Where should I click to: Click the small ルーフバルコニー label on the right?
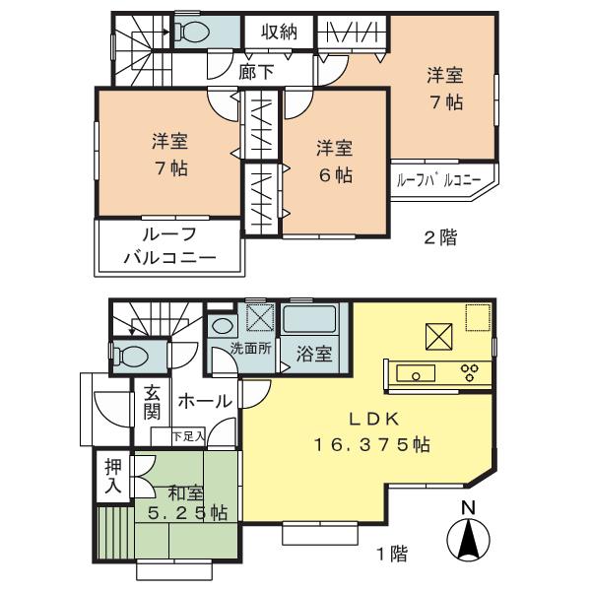tap(438, 181)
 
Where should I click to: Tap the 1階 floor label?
tap(391, 553)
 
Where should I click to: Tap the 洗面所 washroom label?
tap(248, 348)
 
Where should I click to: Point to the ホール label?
tap(206, 401)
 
